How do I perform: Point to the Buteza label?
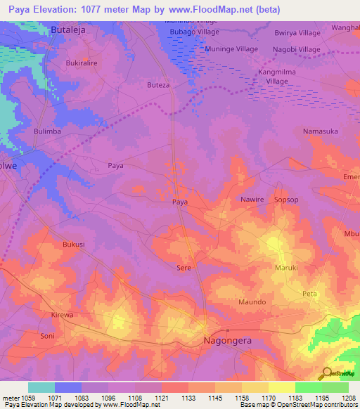pos(158,84)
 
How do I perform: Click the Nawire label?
pos(252,200)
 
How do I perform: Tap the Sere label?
pos(184,268)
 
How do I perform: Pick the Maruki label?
pos(286,268)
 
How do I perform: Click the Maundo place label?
pos(252,301)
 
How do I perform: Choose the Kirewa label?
pos(62,315)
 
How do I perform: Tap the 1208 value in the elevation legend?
pos(349,398)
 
